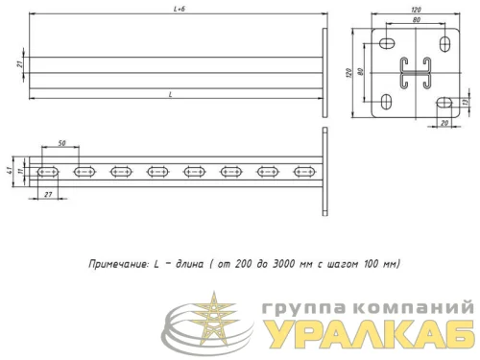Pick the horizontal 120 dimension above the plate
pos(415,11)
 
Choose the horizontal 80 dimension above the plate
pos(415,20)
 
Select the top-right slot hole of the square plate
pos(444,44)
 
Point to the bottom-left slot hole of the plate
pos(386,102)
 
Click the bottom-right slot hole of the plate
pos(444,102)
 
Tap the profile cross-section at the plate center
pos(415,73)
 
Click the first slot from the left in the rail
pos(48,172)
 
